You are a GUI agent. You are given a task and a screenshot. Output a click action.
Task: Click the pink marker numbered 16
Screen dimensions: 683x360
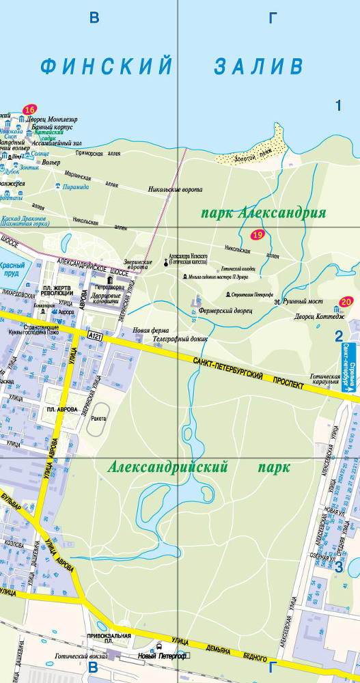[29, 110]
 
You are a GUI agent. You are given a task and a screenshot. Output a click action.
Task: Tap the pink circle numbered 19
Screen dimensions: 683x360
[258, 236]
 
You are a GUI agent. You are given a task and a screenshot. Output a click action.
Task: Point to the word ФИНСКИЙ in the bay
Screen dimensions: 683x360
[106, 66]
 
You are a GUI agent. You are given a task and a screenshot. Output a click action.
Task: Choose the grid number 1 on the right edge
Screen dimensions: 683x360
[337, 105]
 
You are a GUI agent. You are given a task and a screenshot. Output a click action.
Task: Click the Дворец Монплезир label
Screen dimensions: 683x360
[52, 120]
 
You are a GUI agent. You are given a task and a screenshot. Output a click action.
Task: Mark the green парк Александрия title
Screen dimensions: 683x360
[263, 213]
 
